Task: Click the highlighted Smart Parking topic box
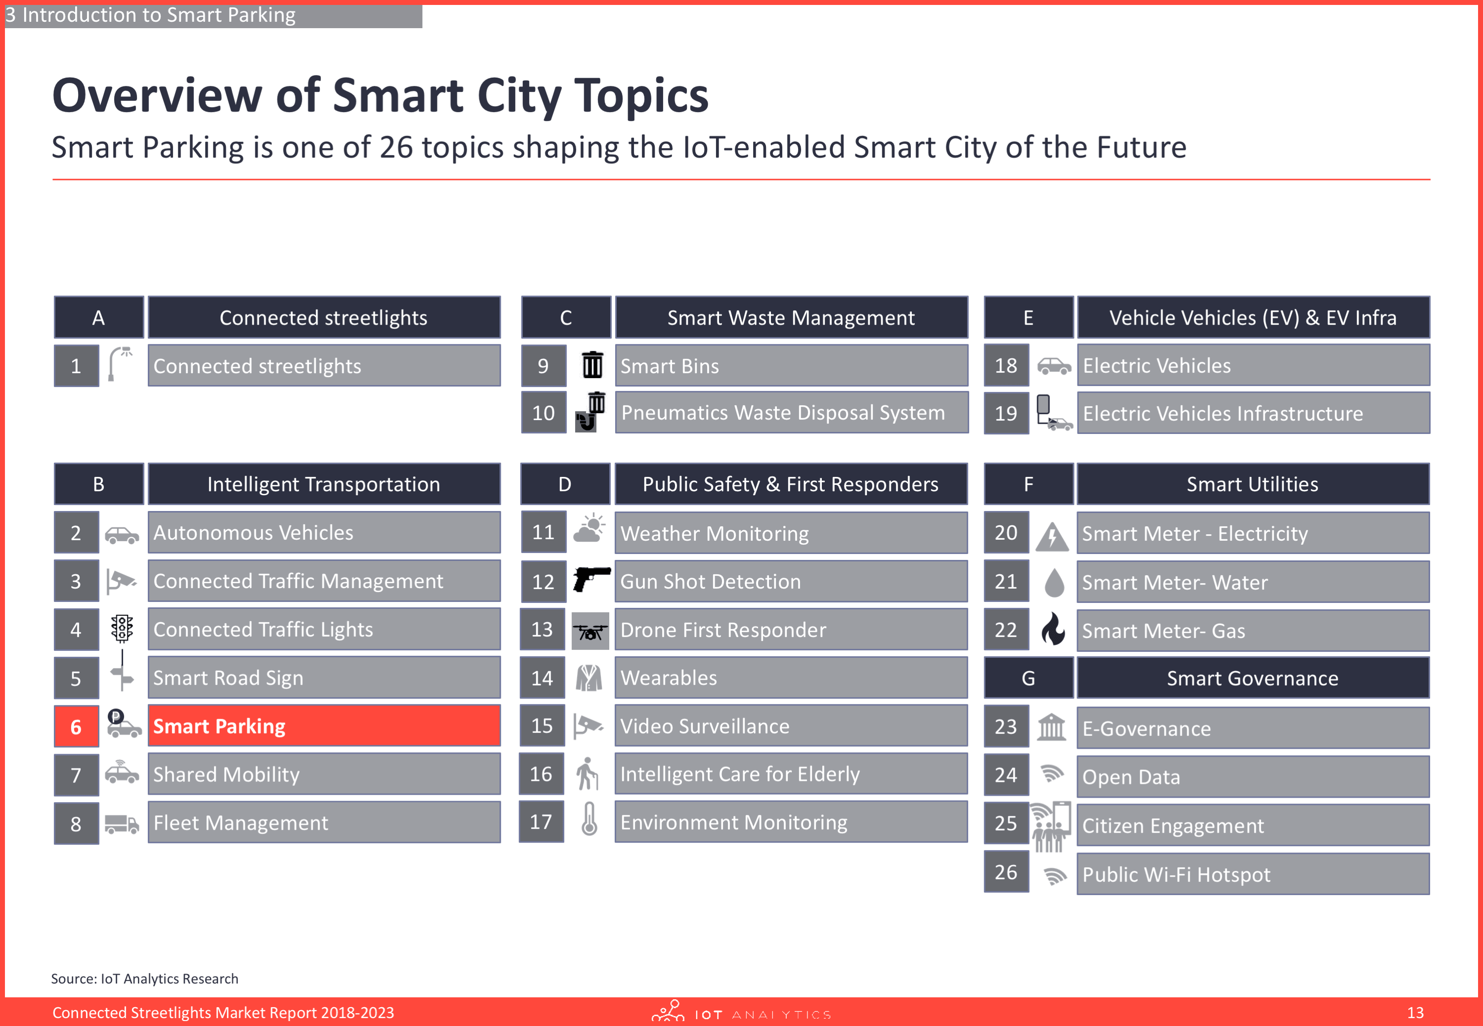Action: [x=324, y=726]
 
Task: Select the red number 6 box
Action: [x=76, y=727]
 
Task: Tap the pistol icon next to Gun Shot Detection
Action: [x=591, y=579]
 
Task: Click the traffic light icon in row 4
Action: [x=122, y=628]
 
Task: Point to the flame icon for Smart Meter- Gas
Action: [x=1053, y=629]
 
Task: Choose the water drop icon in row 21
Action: [x=1054, y=582]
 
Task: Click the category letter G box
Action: [x=1029, y=678]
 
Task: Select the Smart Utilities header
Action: [x=1253, y=484]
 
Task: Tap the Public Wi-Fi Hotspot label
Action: [x=1176, y=874]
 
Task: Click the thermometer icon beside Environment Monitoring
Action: [x=589, y=819]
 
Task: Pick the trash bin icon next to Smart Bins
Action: [x=592, y=365]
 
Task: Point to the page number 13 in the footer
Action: [x=1415, y=1013]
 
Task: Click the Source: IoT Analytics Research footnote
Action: [x=145, y=979]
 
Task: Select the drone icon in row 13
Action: [x=590, y=631]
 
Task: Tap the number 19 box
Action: [x=1006, y=413]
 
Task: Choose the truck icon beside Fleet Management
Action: [x=122, y=823]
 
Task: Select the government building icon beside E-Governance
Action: [x=1051, y=727]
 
